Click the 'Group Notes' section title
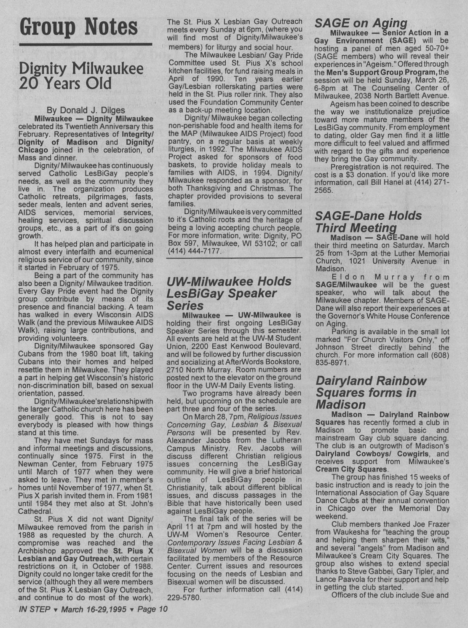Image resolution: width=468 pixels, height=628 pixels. tap(79, 27)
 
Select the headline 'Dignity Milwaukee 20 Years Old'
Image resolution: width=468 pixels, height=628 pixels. tap(81, 76)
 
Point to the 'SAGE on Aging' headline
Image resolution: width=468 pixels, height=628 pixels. tap(361, 22)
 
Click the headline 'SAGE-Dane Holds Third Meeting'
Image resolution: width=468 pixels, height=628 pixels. tap(368, 222)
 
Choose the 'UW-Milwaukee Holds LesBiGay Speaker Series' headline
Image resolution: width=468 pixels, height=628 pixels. tap(229, 293)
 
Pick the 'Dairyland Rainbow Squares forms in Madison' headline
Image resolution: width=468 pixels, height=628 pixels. tap(371, 393)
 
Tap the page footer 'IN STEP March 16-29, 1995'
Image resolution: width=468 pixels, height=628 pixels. tap(93, 609)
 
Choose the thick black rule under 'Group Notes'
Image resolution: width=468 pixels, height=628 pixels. tap(86, 44)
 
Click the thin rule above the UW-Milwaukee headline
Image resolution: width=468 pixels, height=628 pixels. tap(234, 258)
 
